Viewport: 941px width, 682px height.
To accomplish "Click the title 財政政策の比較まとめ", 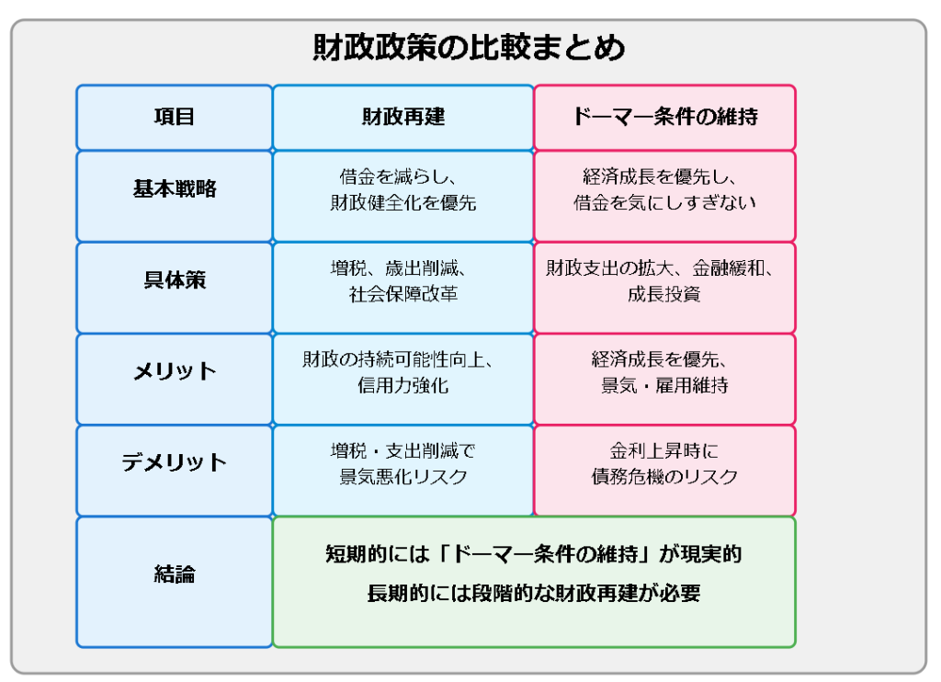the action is tap(469, 48).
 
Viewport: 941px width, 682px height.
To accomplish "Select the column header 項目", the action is tap(174, 117).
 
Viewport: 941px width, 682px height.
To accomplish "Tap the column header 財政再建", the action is tap(403, 117).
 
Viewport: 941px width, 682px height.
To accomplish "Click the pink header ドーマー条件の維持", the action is tap(665, 117).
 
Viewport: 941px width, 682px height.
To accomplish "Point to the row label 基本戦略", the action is tap(174, 188).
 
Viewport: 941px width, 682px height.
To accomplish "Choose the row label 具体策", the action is tap(174, 279).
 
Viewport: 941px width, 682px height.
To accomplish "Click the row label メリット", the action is tap(174, 371).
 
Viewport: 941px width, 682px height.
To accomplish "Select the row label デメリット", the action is tap(174, 462).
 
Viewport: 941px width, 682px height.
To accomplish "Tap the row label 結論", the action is tap(174, 574).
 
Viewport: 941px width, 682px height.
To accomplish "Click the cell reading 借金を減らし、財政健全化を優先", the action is tap(403, 189).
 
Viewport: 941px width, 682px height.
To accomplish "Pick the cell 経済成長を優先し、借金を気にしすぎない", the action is tap(665, 189).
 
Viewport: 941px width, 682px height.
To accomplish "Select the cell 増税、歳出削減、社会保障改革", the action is tap(403, 281).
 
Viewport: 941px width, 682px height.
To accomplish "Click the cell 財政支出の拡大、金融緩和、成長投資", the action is tap(665, 281).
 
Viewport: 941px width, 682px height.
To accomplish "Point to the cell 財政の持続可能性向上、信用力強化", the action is tap(403, 372).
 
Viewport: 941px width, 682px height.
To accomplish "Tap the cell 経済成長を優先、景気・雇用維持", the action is tap(665, 372).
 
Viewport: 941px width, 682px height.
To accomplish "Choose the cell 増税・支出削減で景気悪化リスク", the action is tap(403, 463).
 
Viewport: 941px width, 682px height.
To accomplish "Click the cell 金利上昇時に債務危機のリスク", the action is tap(665, 463).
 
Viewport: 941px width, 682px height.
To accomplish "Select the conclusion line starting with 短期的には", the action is tap(534, 553).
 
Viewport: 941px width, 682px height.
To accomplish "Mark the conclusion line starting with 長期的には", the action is tap(534, 593).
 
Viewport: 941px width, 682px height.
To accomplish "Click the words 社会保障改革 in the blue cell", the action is tap(403, 294).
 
